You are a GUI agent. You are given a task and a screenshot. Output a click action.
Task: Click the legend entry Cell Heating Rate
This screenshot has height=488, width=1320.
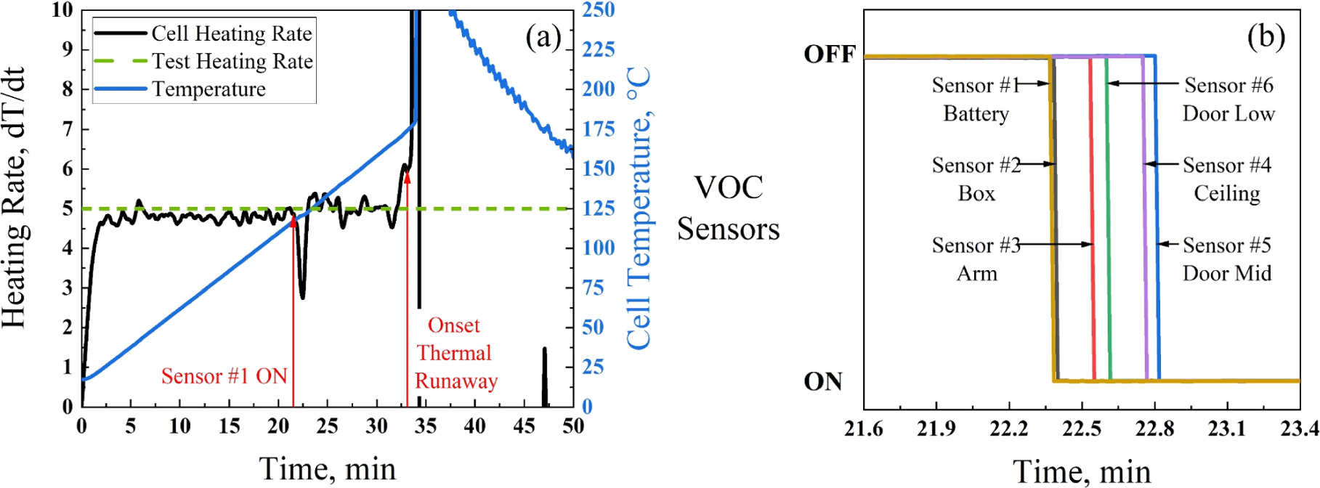click(231, 34)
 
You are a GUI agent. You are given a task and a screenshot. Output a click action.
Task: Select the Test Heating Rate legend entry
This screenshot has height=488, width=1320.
click(232, 62)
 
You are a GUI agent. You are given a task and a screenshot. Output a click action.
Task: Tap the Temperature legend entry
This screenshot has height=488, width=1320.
click(208, 89)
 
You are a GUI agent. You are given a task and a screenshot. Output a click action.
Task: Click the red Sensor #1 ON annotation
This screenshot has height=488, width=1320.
click(224, 376)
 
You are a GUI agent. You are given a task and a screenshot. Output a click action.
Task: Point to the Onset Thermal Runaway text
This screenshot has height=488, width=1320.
click(455, 353)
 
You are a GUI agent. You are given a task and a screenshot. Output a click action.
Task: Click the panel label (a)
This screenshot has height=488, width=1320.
click(543, 36)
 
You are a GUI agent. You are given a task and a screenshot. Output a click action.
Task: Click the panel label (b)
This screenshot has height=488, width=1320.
click(1266, 36)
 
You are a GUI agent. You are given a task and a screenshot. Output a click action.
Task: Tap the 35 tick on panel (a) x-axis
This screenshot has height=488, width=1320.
click(425, 426)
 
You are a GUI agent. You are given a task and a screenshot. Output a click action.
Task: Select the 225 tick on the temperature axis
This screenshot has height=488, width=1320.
click(598, 49)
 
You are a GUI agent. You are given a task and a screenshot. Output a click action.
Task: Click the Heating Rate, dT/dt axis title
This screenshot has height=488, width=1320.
click(15, 198)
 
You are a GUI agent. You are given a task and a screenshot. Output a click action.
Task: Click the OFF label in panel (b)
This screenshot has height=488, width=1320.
click(829, 55)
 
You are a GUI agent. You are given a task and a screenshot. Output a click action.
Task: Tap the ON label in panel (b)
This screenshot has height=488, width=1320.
click(822, 382)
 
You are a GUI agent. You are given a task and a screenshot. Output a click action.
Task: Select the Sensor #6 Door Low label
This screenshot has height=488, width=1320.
click(1228, 99)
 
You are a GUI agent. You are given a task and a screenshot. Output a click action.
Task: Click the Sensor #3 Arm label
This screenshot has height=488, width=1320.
click(976, 259)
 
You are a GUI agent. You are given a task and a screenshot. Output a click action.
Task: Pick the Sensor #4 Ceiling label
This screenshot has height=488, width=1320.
click(1226, 179)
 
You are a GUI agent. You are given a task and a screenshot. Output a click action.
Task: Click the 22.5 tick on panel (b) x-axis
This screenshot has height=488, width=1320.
click(1081, 429)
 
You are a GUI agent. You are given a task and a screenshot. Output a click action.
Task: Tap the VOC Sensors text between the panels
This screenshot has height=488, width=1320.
click(728, 208)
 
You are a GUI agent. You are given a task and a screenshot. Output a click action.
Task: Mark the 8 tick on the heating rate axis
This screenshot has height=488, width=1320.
click(68, 89)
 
